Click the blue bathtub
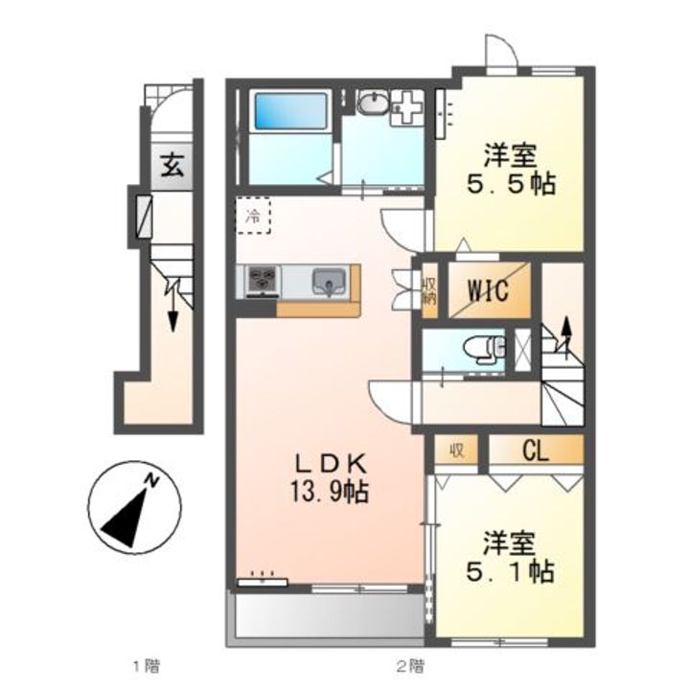(291, 110)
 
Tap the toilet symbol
(484, 349)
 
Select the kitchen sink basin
(329, 282)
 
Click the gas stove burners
(264, 280)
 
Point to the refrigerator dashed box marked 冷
(253, 216)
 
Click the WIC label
(488, 290)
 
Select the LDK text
(330, 464)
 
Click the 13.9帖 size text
(329, 491)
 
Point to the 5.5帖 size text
(511, 184)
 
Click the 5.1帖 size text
(510, 571)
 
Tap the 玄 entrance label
(172, 166)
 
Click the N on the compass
(152, 479)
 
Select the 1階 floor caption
(146, 667)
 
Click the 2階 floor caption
(410, 667)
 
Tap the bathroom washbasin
(372, 103)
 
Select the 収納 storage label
(429, 289)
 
